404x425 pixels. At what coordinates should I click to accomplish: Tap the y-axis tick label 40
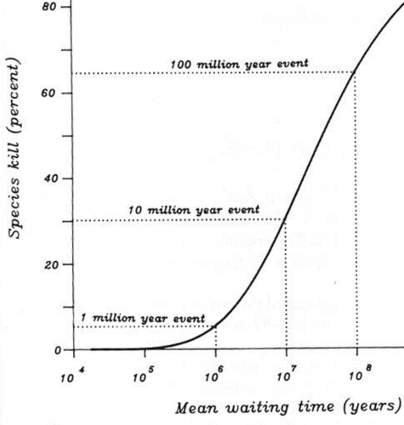[x=49, y=179]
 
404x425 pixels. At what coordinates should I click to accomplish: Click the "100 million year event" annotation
[x=240, y=64]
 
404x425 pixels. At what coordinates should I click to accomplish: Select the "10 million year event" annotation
[x=193, y=210]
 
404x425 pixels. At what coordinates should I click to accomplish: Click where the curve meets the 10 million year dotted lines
[x=286, y=220]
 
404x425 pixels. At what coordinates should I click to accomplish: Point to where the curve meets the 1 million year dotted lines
[x=215, y=326]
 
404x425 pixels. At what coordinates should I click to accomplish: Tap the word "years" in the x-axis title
[x=370, y=407]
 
